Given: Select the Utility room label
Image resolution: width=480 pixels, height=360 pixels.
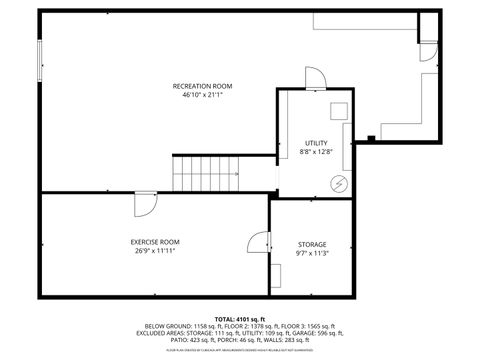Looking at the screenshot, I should pos(316,144).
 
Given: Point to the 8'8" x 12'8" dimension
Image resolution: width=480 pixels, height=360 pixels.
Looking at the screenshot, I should pos(316,153).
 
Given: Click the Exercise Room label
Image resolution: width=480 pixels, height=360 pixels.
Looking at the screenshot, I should pos(155,242).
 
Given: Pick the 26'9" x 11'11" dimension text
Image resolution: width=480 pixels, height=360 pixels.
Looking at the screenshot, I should pos(155,251).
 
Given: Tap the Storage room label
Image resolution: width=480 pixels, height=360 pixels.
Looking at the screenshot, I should pos(311,245).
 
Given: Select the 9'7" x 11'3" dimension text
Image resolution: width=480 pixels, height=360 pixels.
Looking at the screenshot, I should pos(311,254).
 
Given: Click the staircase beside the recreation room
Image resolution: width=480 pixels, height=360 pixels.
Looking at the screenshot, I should pos(205,174).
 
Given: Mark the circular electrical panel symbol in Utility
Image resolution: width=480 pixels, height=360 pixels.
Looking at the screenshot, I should pos(339,184).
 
